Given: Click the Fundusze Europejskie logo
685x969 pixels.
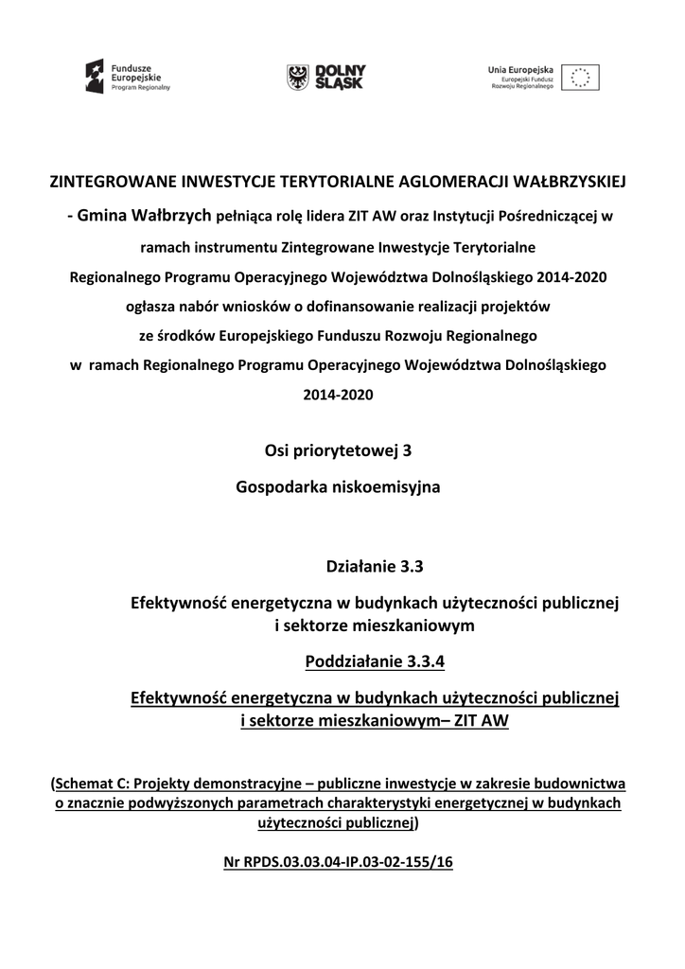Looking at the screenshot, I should click(128, 76).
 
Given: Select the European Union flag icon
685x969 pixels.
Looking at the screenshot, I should click(580, 77).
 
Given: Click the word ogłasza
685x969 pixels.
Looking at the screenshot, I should click(151, 307).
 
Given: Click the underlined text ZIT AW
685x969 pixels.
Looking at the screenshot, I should click(482, 721).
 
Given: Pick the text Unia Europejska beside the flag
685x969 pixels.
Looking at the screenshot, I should click(520, 69).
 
